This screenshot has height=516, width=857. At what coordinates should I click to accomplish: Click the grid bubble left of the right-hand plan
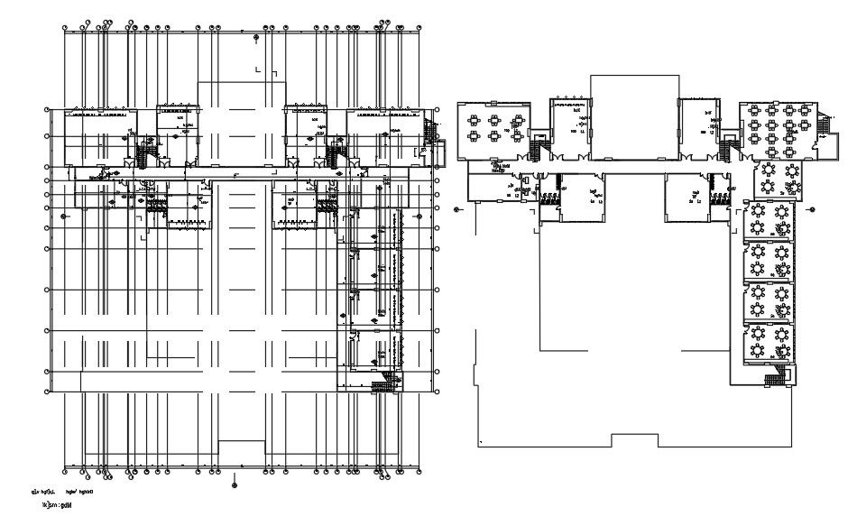(457, 209)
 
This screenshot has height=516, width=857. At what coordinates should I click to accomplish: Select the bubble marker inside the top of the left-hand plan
(255, 37)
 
